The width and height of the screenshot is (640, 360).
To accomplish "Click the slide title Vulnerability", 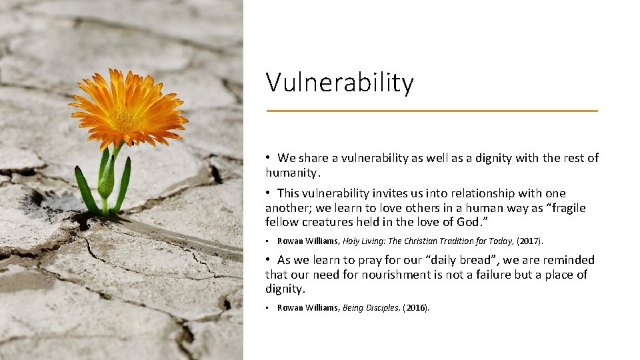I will pos(339,83).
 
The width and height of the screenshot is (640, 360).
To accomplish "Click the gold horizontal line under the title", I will pos(432,111).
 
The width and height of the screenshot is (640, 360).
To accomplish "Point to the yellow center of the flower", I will pos(127,118).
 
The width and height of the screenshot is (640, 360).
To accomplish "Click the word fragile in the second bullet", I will pos(565,208).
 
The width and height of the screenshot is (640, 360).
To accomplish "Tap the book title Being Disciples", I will pos(371,307).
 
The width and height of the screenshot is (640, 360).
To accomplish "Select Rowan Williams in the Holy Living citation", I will pos(307,241).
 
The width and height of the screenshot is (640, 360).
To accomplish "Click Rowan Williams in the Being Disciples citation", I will pos(307,307).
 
